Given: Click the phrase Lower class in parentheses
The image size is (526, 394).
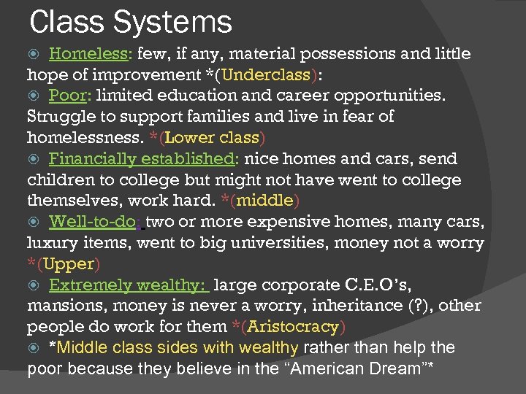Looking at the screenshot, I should coord(214,138).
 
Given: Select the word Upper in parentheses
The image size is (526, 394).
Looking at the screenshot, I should coord(69,264).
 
